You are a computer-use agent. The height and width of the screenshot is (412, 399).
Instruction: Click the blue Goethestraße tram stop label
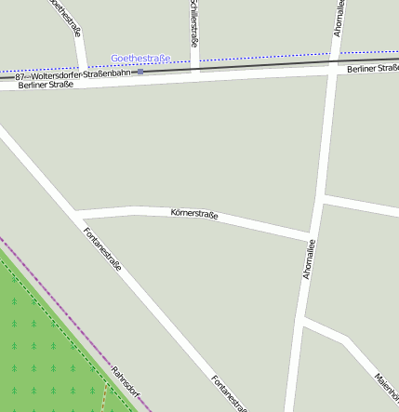[140, 59]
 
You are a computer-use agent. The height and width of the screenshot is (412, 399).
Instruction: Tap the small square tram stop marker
[140, 72]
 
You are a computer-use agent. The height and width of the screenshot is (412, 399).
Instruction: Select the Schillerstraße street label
[193, 23]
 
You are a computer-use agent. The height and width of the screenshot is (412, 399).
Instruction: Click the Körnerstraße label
[194, 215]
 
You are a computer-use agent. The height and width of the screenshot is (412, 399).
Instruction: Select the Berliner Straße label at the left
[46, 86]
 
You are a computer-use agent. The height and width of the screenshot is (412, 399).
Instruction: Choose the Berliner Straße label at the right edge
[372, 69]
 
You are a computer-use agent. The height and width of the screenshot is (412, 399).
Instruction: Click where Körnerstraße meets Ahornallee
[312, 234]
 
